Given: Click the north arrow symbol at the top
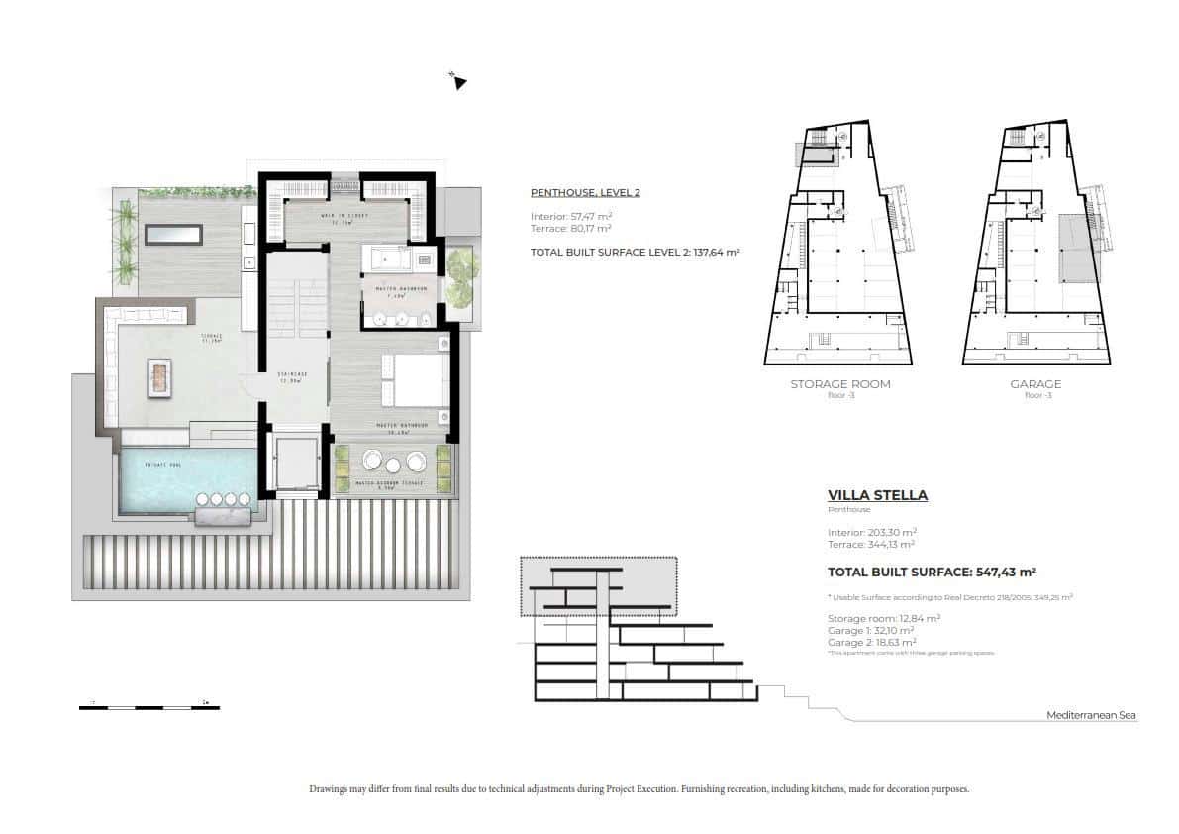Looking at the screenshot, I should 457,81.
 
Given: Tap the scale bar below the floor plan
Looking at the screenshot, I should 149,707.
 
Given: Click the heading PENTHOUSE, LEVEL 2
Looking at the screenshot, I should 585,192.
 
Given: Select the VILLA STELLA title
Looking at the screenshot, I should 877,495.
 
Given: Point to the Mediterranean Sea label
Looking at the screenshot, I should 1092,715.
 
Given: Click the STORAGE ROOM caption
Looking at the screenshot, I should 839,384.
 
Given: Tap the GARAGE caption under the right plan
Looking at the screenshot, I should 1035,384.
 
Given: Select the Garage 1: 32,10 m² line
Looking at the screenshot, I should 870,630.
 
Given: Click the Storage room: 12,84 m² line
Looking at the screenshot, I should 883,617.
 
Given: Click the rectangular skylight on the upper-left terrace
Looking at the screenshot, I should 173,234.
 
